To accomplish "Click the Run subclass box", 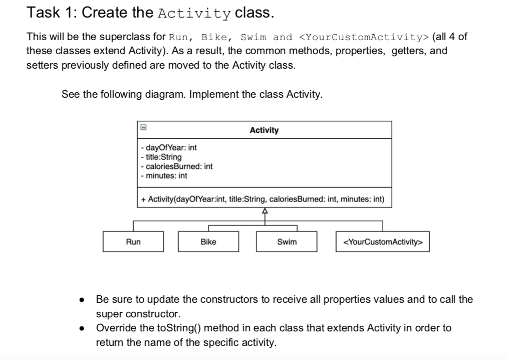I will (x=133, y=242).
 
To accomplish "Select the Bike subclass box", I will (x=208, y=242).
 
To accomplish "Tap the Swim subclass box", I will (x=287, y=242).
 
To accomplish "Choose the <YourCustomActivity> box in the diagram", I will (x=382, y=242).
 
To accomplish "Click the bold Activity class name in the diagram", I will (x=264, y=130).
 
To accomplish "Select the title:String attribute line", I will (x=161, y=157).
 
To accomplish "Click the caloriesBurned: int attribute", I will (x=177, y=166).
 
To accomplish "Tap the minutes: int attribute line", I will (x=164, y=175).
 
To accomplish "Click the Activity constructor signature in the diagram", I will (x=263, y=200).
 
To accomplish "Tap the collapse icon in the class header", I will (x=143, y=128).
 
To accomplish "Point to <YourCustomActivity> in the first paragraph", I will (x=363, y=38).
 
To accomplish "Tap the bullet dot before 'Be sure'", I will (x=81, y=300).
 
